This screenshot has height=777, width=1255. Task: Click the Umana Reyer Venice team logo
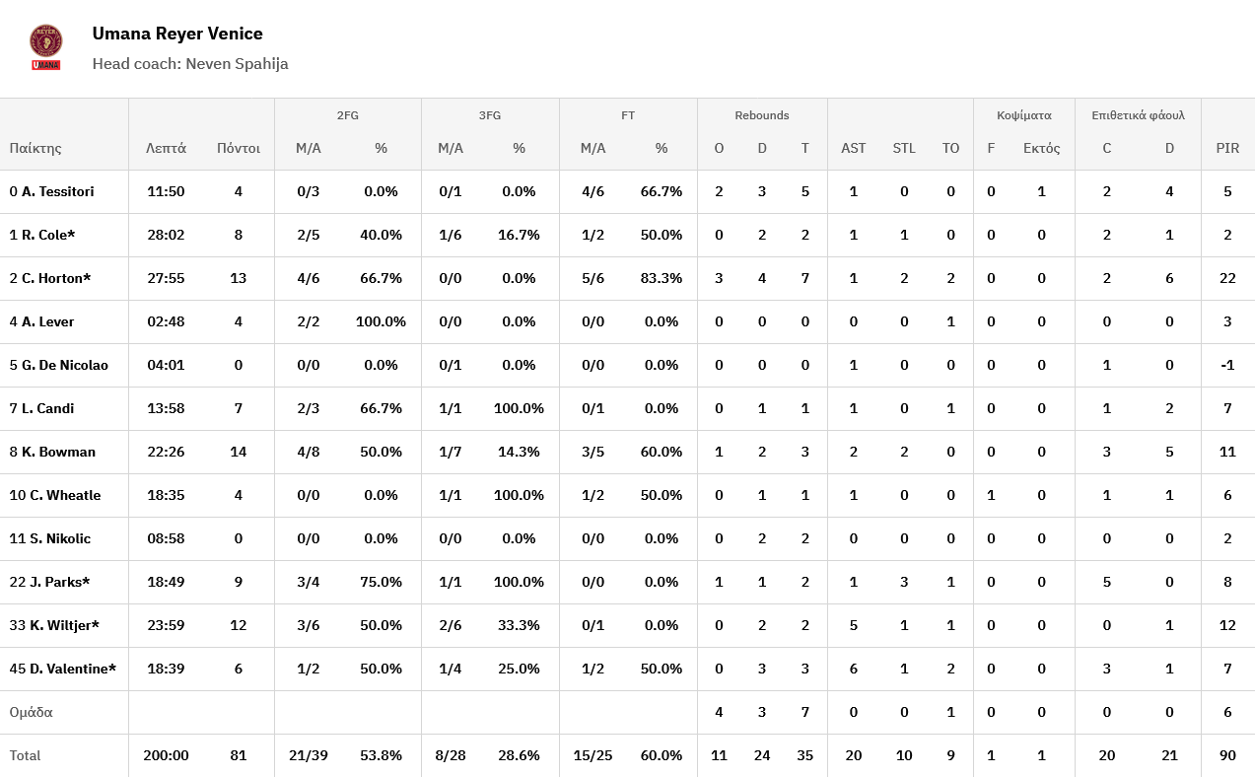[46, 47]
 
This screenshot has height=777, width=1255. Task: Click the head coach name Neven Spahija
[237, 64]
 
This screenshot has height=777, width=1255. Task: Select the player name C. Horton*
[56, 278]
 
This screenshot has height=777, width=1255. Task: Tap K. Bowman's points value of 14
[238, 452]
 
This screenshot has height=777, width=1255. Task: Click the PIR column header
[1227, 148]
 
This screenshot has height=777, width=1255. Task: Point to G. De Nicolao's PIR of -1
[1227, 365]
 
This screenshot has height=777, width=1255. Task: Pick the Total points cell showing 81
[238, 755]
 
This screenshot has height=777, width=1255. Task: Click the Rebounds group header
[762, 115]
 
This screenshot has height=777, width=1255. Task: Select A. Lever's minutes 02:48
[166, 321]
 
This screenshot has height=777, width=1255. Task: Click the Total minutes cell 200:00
[166, 755]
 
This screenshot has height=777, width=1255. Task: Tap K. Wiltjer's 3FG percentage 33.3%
[519, 625]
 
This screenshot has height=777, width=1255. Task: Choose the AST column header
[854, 148]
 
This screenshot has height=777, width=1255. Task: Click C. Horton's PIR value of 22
[1227, 278]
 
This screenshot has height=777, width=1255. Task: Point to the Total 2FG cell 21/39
[309, 755]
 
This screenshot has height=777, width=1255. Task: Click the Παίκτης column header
[35, 148]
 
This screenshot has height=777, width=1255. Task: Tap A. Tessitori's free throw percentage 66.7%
[661, 191]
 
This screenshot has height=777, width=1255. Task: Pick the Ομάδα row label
[31, 712]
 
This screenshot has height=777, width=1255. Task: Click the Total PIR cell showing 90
[1227, 755]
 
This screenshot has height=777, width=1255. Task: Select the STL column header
[904, 148]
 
